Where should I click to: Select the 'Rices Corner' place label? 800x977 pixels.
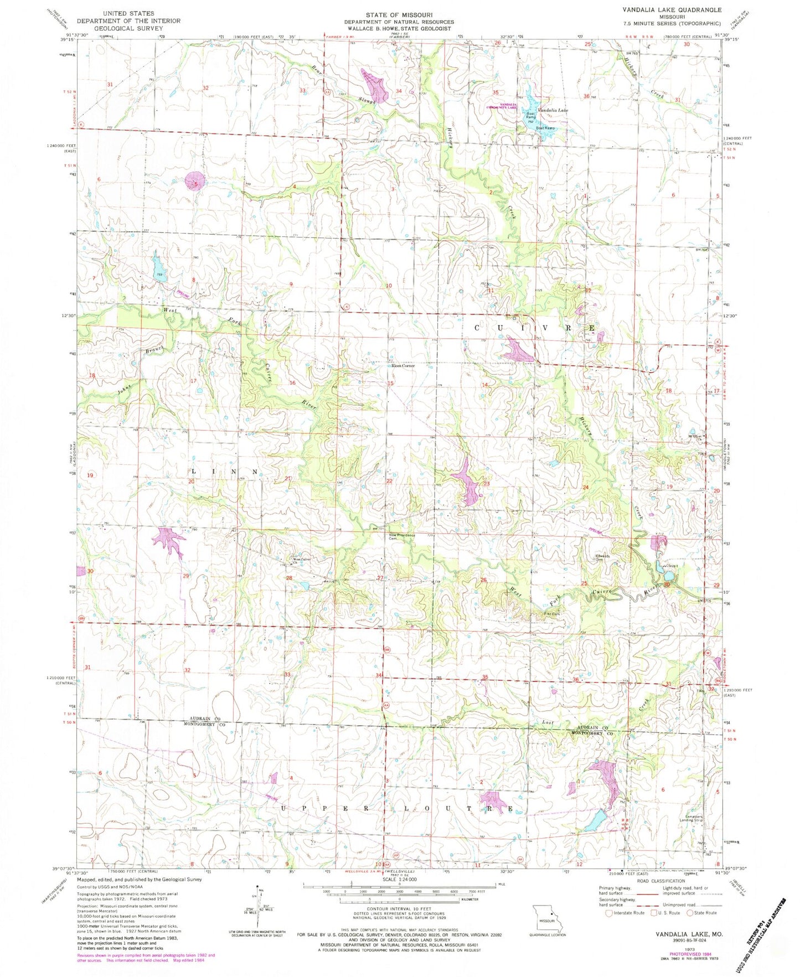(x=403, y=366)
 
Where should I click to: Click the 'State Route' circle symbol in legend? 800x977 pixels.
(x=689, y=913)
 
